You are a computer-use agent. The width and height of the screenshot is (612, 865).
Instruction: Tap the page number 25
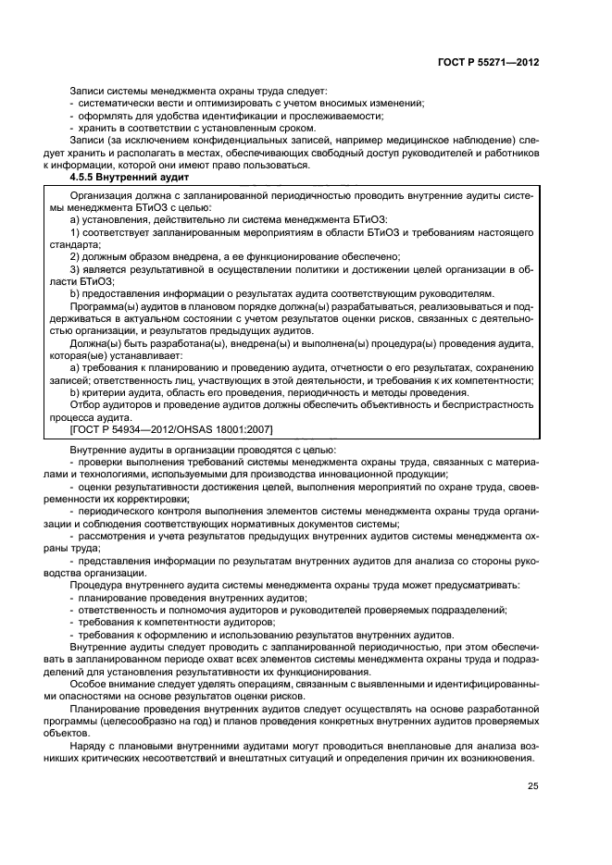pos(532,786)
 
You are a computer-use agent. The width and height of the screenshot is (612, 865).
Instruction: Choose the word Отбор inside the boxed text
pos(86,404)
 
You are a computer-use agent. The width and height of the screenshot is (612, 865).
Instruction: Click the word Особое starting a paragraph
pos(89,683)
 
